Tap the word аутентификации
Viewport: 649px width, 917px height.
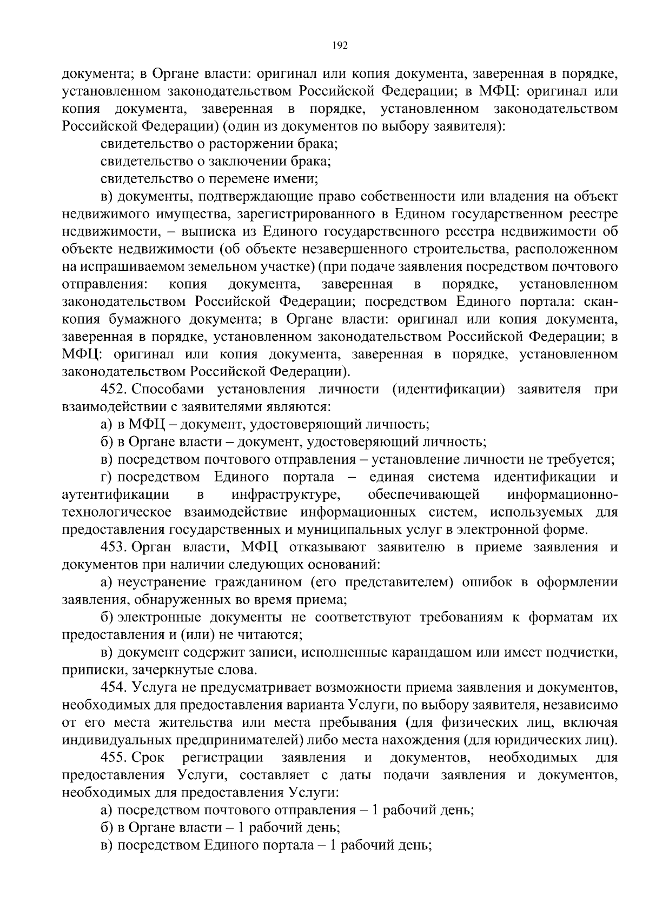click(116, 495)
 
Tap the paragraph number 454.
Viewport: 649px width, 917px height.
click(113, 688)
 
